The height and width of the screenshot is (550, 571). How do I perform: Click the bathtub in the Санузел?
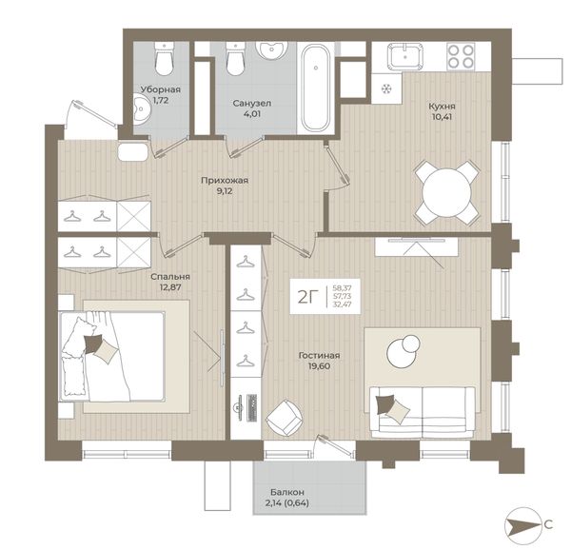315,88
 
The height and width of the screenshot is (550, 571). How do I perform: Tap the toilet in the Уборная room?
164,58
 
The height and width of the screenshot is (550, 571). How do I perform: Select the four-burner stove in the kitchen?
461,56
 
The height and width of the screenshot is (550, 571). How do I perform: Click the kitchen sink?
405,56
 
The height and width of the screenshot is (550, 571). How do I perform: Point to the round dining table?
446,192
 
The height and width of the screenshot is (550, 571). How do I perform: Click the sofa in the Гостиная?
422,413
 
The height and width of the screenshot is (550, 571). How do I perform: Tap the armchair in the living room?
285,418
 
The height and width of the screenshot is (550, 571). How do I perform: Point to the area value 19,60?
319,366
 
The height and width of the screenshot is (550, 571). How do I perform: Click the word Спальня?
170,277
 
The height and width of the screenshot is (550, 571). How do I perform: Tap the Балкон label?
287,492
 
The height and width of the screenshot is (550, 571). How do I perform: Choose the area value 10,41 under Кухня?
442,117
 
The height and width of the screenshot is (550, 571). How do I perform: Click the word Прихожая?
225,181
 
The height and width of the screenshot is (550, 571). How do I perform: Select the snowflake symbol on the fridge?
386,88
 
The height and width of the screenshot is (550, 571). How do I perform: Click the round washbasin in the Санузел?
271,49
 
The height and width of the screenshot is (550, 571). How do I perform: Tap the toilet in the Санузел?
235,59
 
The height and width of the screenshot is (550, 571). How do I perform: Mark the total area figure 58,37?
342,287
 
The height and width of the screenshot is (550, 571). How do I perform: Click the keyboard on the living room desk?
252,408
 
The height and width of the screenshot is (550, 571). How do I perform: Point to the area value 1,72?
160,100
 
